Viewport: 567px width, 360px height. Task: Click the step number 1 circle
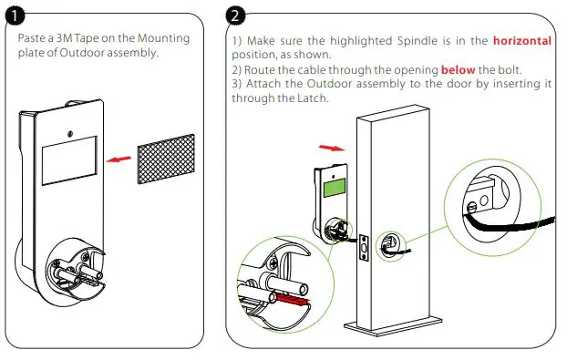click(15, 15)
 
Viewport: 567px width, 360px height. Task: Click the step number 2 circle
click(235, 15)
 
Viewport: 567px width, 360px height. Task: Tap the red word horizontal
click(522, 40)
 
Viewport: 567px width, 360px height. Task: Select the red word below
click(458, 69)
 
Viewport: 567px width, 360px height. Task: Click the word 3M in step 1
click(65, 38)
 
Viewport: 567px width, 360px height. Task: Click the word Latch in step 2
click(313, 98)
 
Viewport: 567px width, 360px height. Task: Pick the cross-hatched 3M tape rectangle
click(166, 159)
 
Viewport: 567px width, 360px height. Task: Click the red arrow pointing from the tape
click(119, 159)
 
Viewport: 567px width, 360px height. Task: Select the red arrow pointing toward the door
click(332, 148)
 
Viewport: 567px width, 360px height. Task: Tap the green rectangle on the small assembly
click(335, 189)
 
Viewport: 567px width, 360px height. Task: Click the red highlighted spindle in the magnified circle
click(293, 300)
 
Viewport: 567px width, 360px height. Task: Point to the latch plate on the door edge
click(364, 247)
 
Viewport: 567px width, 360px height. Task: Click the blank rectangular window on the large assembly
click(69, 160)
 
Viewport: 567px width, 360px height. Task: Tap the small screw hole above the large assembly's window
click(70, 134)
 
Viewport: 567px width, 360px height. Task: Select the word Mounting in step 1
click(164, 38)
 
